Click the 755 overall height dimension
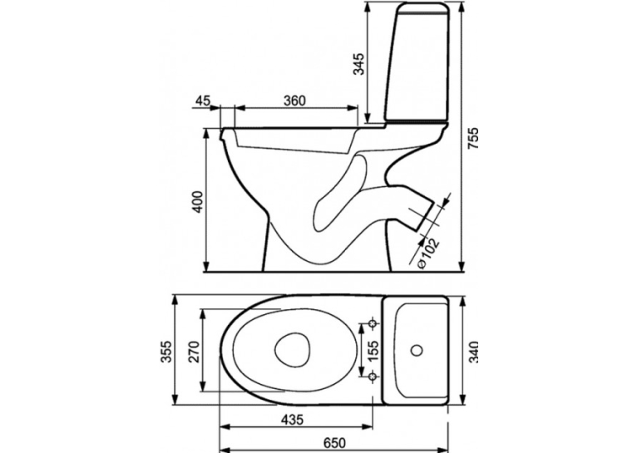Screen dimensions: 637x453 click(x=473, y=140)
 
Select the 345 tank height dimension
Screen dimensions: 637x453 click(x=358, y=64)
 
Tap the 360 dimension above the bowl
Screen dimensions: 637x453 click(x=294, y=101)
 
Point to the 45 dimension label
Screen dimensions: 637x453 click(x=203, y=101)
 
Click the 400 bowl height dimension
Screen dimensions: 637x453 click(x=198, y=202)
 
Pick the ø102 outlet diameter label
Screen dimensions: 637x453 click(x=428, y=253)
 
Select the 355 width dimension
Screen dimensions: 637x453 click(x=166, y=352)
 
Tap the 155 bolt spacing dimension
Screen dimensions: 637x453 click(x=372, y=350)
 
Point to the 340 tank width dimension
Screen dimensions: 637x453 click(x=473, y=352)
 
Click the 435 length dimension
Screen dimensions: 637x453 click(x=293, y=419)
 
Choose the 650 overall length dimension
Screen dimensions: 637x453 click(x=334, y=442)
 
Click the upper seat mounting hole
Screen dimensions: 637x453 click(x=373, y=323)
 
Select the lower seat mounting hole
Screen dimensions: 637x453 click(x=372, y=377)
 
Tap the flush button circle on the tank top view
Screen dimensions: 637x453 click(x=417, y=350)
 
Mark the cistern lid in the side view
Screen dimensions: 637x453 click(x=422, y=9)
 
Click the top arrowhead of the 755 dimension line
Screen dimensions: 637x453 click(x=462, y=7)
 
